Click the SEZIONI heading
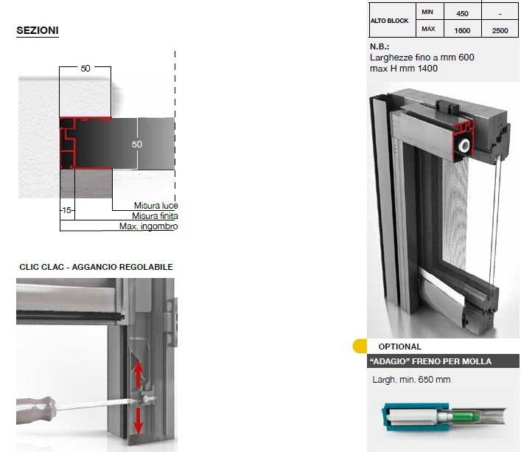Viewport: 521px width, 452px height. [38, 30]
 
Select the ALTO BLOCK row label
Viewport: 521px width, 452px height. [389, 21]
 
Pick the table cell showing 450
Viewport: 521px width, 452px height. [462, 13]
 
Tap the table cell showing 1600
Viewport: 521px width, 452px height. [462, 30]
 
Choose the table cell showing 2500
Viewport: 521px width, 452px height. [500, 30]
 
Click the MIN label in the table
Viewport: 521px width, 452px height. [427, 12]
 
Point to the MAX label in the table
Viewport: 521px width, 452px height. [428, 29]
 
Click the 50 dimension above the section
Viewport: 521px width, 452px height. [85, 68]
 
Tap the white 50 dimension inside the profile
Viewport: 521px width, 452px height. [137, 145]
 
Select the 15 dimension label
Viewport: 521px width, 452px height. [67, 210]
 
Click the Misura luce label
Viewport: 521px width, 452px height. [155, 206]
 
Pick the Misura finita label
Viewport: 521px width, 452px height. [155, 216]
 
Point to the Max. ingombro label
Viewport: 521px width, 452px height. [149, 226]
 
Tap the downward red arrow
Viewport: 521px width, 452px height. [138, 421]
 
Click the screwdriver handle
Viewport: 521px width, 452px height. [36, 410]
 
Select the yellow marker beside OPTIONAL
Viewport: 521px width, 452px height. [360, 346]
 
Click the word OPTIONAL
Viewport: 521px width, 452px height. [399, 347]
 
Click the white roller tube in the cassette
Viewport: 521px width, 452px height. [464, 145]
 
